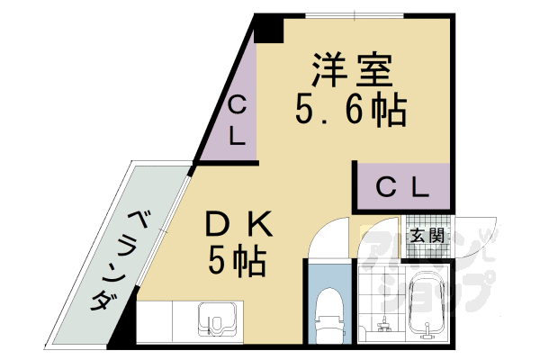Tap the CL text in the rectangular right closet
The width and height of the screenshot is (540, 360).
click(x=400, y=187)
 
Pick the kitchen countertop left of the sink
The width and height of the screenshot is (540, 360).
click(x=166, y=324)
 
